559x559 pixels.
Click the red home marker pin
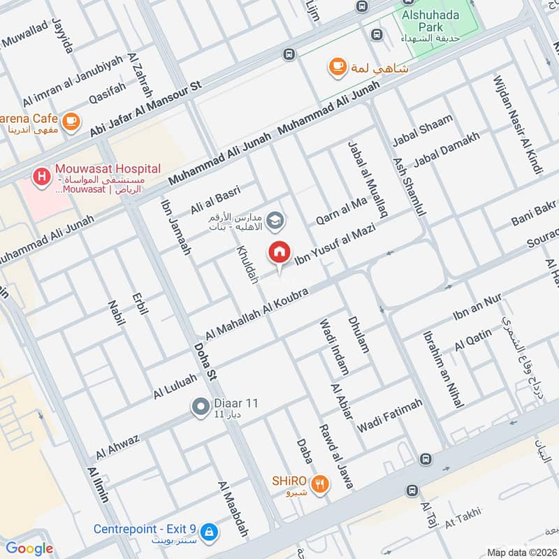(279, 252)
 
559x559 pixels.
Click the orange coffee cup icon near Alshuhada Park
(338, 66)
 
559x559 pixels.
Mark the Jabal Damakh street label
(447, 150)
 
